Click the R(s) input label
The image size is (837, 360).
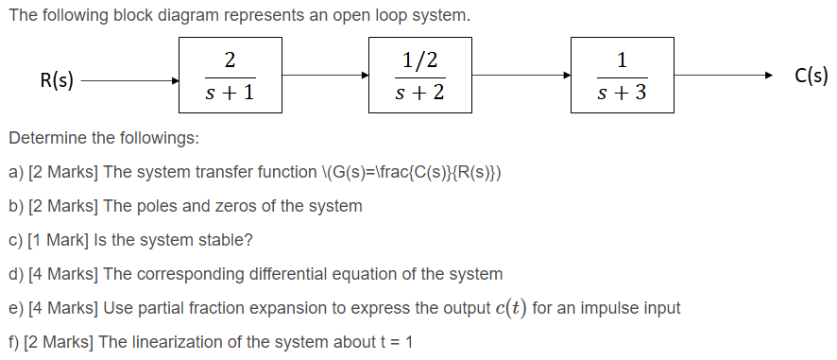[x=59, y=80]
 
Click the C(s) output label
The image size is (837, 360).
[x=811, y=77]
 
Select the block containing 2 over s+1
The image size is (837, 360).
[x=231, y=77]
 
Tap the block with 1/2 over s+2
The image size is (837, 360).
[x=420, y=77]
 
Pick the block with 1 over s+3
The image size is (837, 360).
[x=623, y=77]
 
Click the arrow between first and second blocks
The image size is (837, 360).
[x=326, y=76]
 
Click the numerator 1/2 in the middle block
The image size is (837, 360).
[x=420, y=60]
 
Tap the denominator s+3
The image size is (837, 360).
[x=623, y=94]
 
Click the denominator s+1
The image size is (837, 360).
[x=231, y=94]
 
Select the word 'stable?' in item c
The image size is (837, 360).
[x=226, y=240]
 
